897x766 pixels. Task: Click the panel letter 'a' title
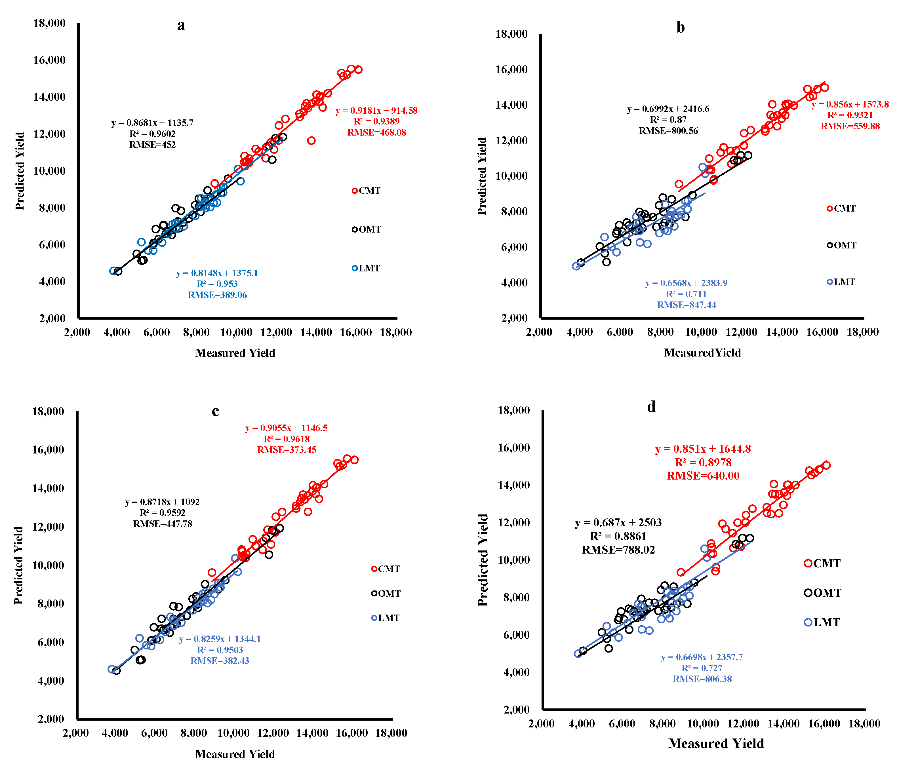pos(181,26)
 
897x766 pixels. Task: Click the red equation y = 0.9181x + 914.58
pos(376,111)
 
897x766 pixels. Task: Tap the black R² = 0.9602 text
pos(152,134)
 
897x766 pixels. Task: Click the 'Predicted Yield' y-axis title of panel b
pos(482,176)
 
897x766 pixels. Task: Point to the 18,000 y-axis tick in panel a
pos(49,23)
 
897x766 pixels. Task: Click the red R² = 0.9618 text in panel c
pos(287,439)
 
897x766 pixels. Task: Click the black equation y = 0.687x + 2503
pos(618,523)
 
